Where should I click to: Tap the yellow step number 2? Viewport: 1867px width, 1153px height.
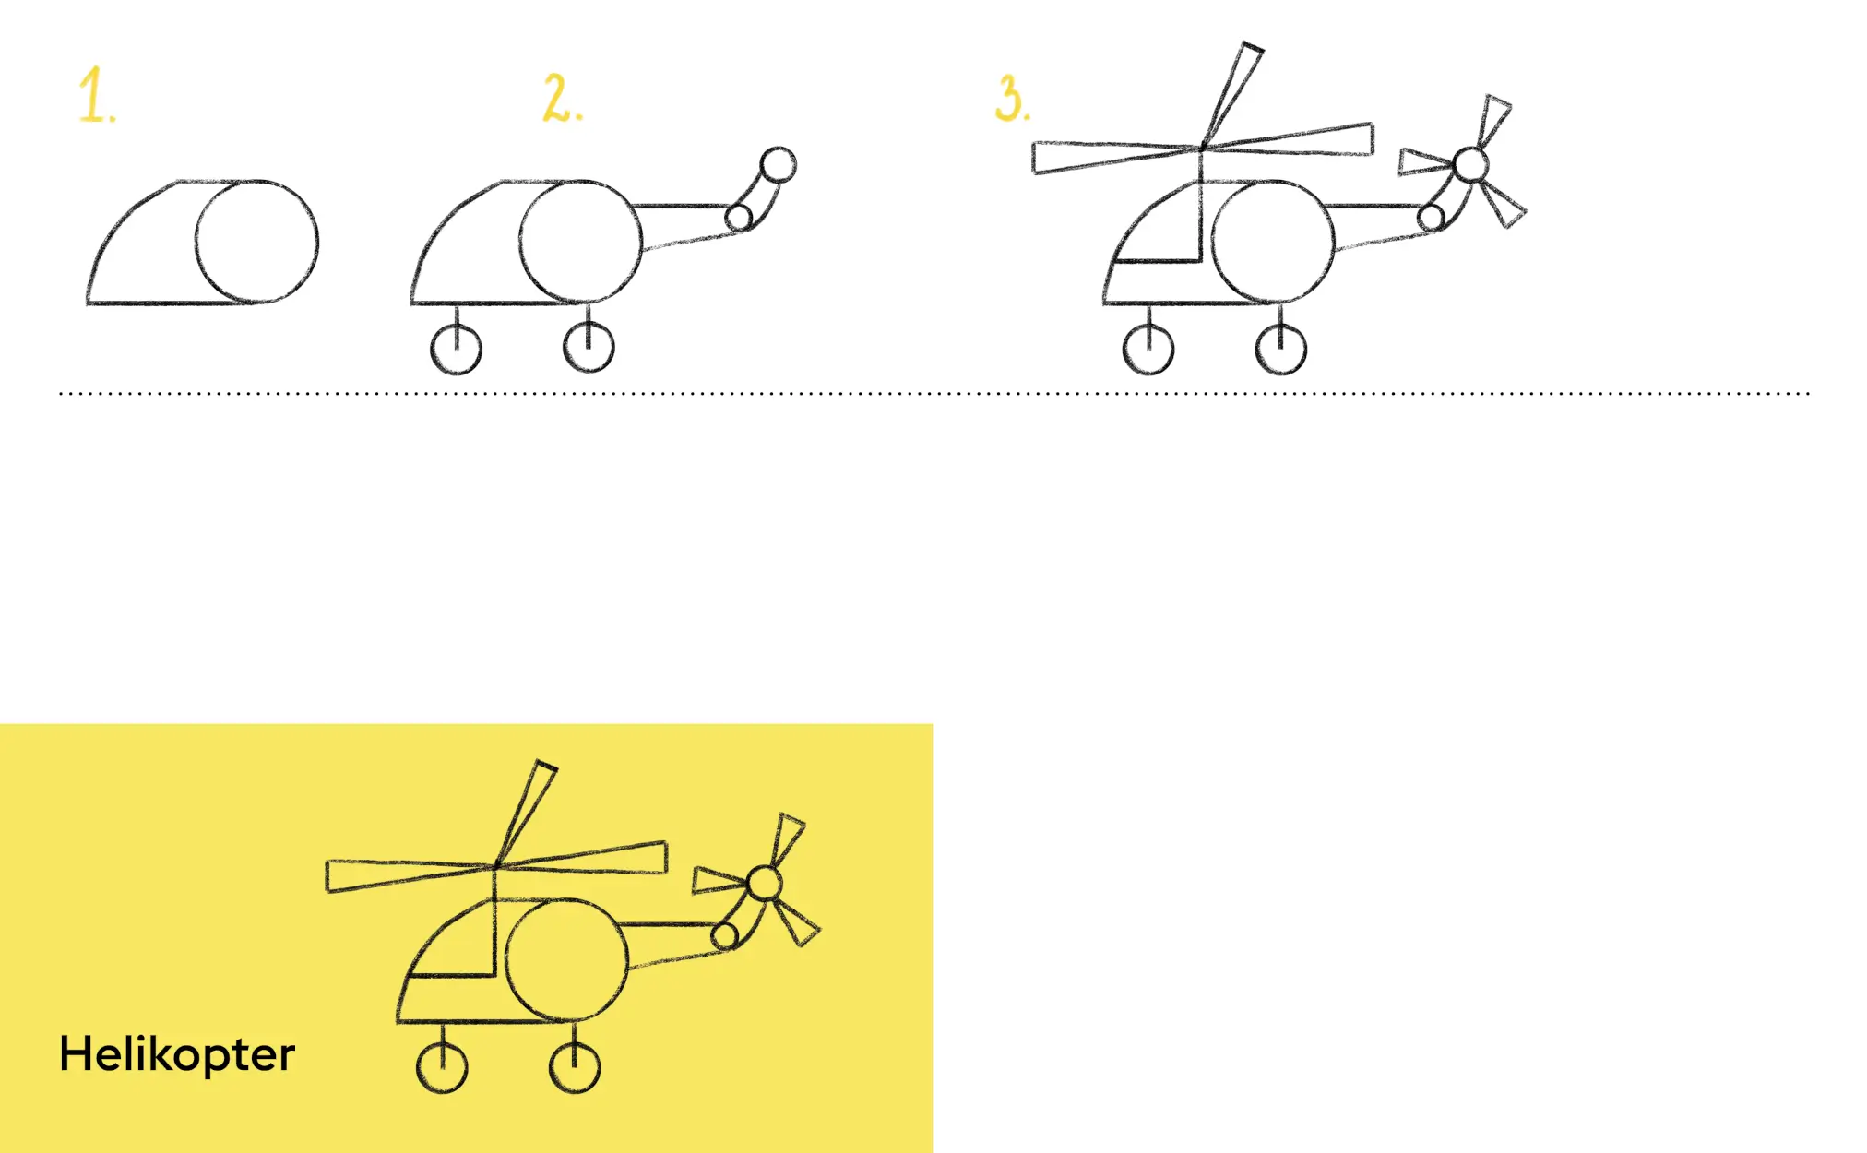(562, 99)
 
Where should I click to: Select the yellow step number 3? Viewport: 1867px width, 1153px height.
(1012, 99)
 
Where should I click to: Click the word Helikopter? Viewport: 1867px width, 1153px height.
(177, 1054)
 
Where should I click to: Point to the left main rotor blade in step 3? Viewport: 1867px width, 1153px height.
(1117, 157)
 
